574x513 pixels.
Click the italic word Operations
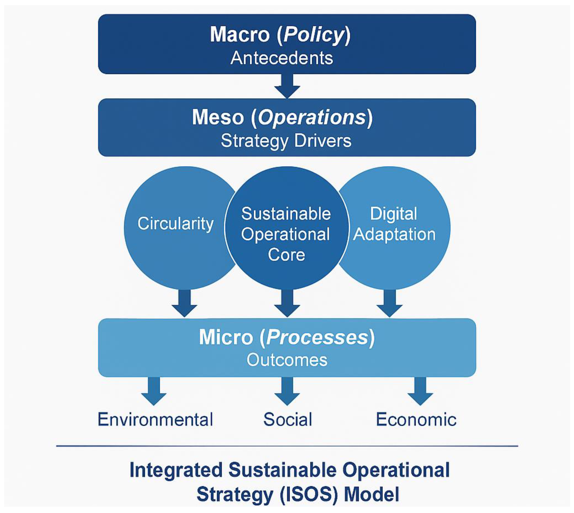point(312,117)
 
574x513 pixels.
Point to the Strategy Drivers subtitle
point(286,141)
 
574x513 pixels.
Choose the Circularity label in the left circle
point(175,224)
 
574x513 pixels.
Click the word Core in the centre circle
point(286,255)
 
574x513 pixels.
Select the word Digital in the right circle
point(393,214)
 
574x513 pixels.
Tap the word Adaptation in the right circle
point(394,234)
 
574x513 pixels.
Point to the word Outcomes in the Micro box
point(287,360)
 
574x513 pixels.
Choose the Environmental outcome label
point(155,419)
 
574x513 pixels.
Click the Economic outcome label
point(416,419)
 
